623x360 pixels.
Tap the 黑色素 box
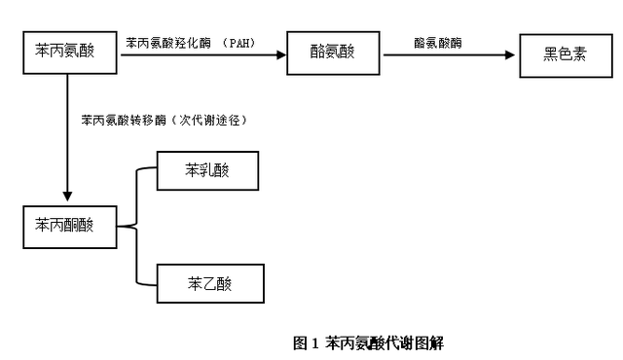click(565, 54)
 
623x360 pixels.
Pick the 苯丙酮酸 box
click(67, 226)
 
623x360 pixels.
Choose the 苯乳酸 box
click(208, 171)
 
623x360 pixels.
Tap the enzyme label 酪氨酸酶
click(437, 43)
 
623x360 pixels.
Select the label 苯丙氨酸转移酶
click(125, 121)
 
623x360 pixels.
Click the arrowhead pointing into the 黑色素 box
click(511, 55)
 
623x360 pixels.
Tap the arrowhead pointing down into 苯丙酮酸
click(67, 197)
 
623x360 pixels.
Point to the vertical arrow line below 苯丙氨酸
click(67, 136)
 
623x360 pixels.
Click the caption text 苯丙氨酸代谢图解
click(384, 342)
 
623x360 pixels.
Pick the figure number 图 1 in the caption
click(307, 342)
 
